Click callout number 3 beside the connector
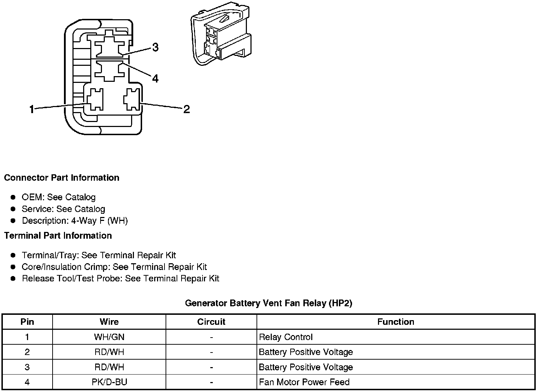(x=155, y=47)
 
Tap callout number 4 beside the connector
(x=155, y=78)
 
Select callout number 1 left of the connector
(x=32, y=109)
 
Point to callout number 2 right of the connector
(x=187, y=109)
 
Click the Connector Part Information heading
(x=61, y=178)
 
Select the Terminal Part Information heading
(x=58, y=235)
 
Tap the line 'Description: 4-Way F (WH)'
(x=75, y=221)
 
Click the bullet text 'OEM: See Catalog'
(x=59, y=197)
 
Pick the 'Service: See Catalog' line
(x=63, y=209)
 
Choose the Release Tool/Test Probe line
(x=120, y=278)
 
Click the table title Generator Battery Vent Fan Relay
(x=269, y=303)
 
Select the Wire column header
(x=109, y=322)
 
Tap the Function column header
(x=395, y=322)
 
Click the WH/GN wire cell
(x=109, y=337)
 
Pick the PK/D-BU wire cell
(x=109, y=382)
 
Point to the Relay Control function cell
(x=286, y=337)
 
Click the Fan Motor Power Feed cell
(x=304, y=382)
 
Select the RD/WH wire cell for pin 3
(x=109, y=367)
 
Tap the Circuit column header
(x=211, y=322)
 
